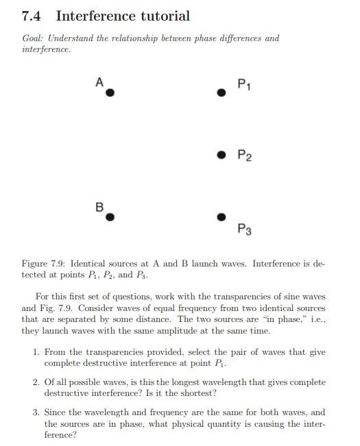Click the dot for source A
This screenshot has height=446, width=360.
(110, 92)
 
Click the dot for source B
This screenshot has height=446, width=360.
(110, 216)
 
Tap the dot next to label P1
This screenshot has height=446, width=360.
(221, 92)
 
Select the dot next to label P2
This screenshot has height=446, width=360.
(221, 155)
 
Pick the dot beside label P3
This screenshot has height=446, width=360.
(221, 216)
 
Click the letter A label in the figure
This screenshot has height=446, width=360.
(99, 82)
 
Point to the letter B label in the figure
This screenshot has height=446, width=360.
(99, 206)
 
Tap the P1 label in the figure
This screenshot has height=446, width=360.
(243, 84)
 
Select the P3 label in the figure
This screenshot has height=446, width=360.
(244, 230)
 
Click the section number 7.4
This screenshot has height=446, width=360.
(33, 16)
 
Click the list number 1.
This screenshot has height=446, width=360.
(36, 351)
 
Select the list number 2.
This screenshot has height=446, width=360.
(36, 382)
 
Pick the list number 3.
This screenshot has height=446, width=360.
(36, 412)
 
